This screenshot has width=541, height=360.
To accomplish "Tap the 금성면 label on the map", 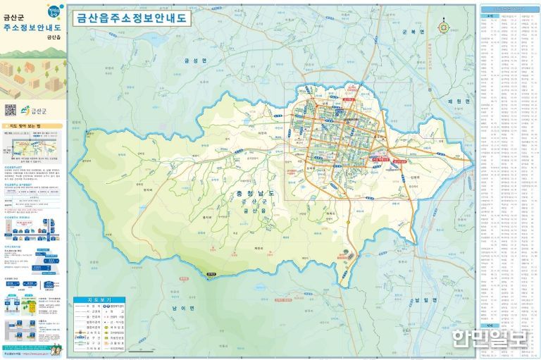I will coord(191,62).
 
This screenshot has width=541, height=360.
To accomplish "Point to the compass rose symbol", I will coord(443,27).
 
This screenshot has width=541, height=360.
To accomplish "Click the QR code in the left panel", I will coord(11,110).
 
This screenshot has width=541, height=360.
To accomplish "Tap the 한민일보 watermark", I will coord(491,339).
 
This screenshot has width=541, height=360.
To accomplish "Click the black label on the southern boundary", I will coord(209,274).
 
